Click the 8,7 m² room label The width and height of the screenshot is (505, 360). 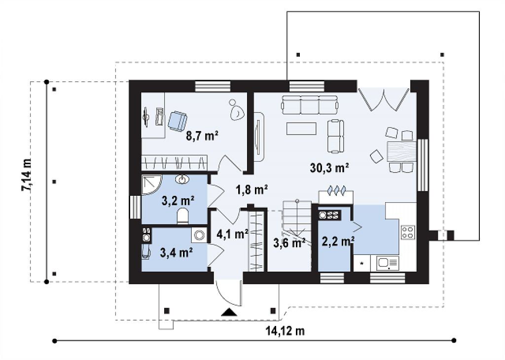pos(203,136)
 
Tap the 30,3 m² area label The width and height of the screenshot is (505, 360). pos(330,168)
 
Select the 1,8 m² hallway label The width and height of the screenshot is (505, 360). pos(252,190)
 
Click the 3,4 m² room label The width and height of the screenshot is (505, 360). pos(177,252)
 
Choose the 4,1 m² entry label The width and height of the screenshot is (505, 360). pos(232,234)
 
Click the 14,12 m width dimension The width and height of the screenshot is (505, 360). pos(285,331)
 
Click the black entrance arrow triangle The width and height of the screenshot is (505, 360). pos(229,312)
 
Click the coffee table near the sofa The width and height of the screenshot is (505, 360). pos(301,129)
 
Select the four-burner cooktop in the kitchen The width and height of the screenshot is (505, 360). pos(408,232)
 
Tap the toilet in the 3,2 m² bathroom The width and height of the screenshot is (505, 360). pos(183,216)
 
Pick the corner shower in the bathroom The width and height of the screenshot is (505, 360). pos(152,184)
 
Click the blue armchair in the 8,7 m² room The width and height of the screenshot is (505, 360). pos(177,121)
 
